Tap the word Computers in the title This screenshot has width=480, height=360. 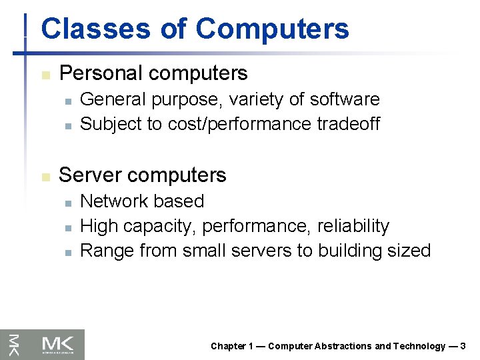tap(273, 29)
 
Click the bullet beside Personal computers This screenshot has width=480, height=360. tap(45, 75)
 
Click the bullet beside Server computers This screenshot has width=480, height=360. tap(45, 177)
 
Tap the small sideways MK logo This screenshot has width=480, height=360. tap(13, 345)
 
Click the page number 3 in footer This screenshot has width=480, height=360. tap(463, 346)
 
